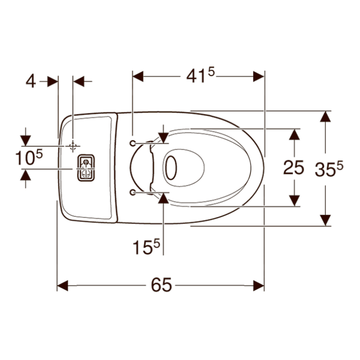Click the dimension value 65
tap(161, 286)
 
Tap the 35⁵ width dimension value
tap(329, 169)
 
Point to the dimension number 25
tap(293, 168)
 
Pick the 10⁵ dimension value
tap(28, 158)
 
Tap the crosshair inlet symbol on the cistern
tap(72, 146)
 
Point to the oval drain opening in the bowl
tap(171, 168)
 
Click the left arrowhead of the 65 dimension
tap(62, 286)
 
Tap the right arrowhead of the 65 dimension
tap(259, 286)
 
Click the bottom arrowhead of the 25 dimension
tap(295, 200)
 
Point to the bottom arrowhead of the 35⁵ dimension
tap(324, 220)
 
